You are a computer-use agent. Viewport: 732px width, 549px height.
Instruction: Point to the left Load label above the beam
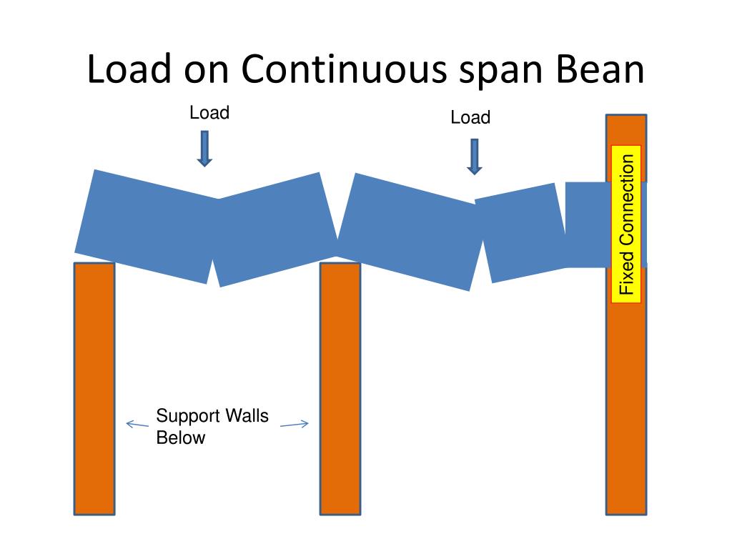click(x=209, y=113)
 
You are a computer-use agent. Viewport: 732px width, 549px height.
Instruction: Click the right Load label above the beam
click(x=470, y=118)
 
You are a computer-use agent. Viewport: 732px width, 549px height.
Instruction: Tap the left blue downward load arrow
click(x=205, y=148)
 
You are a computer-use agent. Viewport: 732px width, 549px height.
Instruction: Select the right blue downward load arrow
click(x=474, y=157)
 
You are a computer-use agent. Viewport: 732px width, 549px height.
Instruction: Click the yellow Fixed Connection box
click(x=626, y=224)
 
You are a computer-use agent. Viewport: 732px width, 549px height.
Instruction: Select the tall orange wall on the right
click(x=626, y=400)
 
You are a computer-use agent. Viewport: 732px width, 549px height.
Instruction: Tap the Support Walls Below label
click(x=212, y=427)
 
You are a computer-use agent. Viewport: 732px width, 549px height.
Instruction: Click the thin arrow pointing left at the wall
click(x=137, y=424)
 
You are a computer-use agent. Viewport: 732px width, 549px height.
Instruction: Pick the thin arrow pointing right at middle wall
click(x=294, y=425)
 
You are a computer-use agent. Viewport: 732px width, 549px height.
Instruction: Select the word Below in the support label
click(x=180, y=438)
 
